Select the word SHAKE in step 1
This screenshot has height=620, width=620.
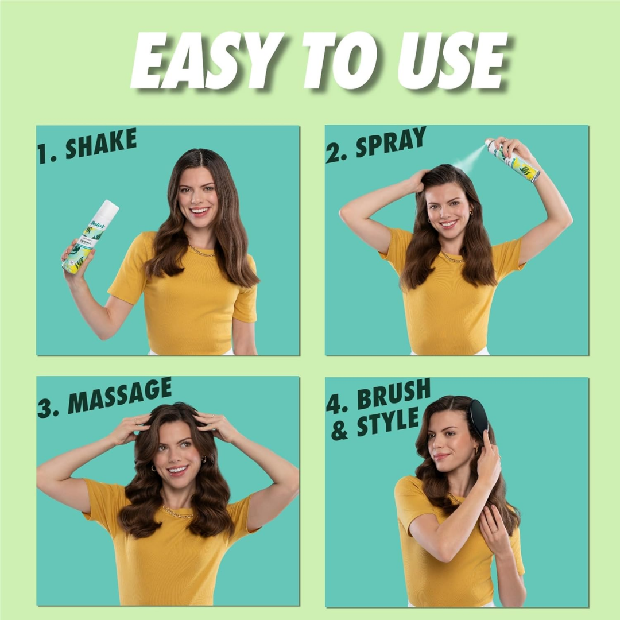coord(101,144)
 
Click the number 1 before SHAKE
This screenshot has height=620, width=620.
coord(44,154)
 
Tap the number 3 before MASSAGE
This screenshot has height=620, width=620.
coord(46,406)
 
